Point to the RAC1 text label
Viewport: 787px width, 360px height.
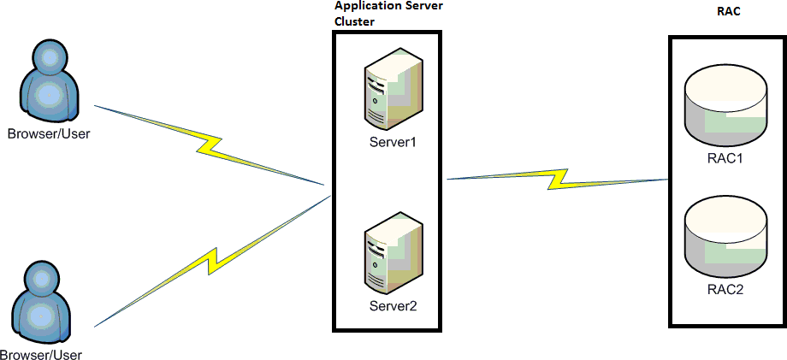point(726,159)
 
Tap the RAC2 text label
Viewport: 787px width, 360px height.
point(726,289)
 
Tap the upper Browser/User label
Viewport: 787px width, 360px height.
point(50,134)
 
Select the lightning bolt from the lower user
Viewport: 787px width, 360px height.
point(213,261)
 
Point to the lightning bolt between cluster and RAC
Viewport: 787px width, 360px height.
point(557,179)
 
